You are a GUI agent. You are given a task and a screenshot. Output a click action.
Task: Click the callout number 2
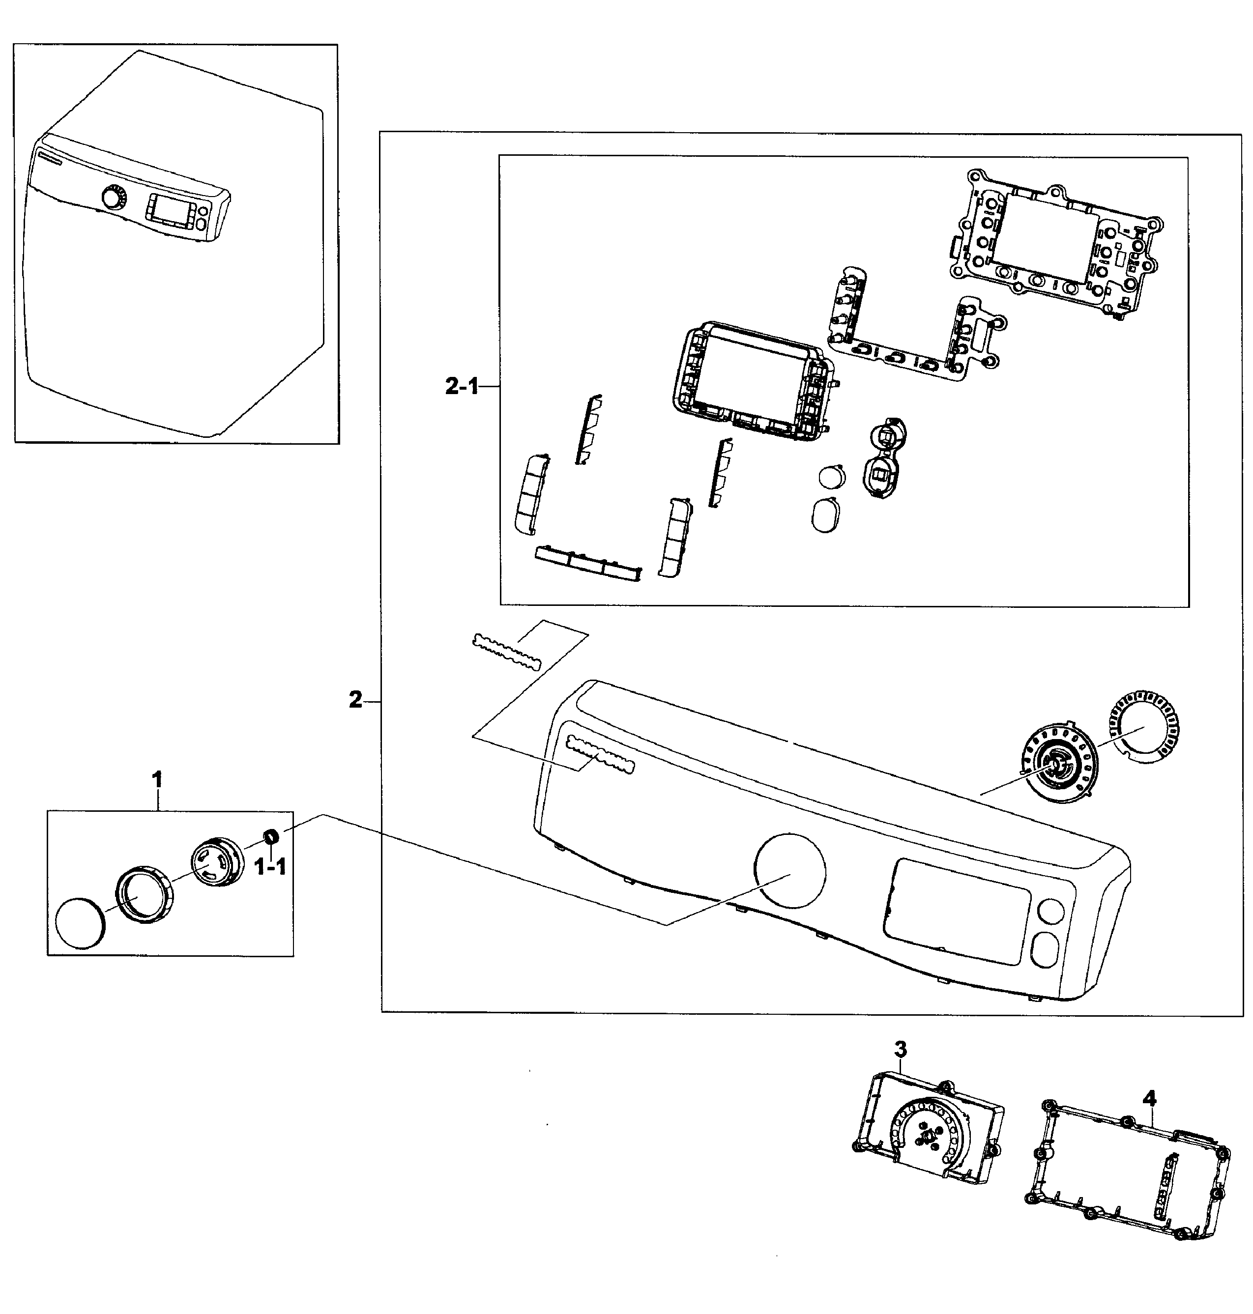[x=355, y=700]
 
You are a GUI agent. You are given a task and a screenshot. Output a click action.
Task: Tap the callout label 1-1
[x=270, y=867]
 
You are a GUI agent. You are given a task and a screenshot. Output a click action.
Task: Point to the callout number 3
[x=901, y=1049]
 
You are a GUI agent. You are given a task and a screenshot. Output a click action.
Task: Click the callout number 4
[x=1149, y=1098]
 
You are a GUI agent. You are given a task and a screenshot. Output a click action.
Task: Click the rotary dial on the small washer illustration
[x=114, y=199]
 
